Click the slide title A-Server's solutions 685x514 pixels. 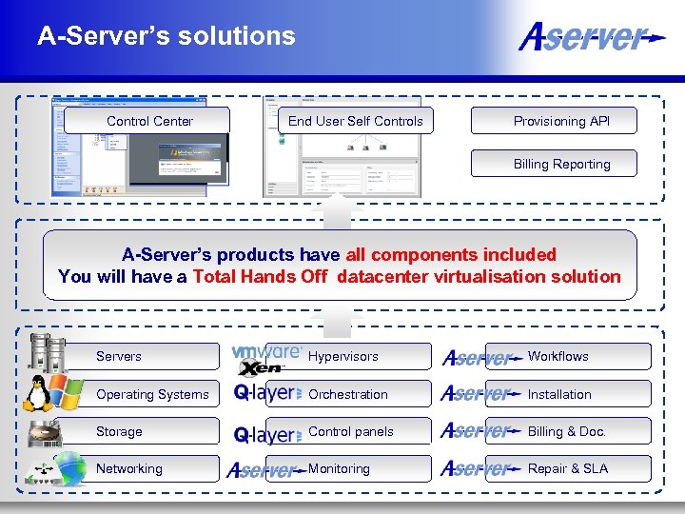coord(166,36)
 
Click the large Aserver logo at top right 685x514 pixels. coord(590,38)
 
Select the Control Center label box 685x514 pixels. coord(149,121)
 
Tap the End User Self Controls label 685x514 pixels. coord(356,121)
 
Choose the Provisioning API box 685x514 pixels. coord(561,121)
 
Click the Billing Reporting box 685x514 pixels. coord(561,164)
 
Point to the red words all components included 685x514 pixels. coord(451,255)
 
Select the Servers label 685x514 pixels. coord(119,356)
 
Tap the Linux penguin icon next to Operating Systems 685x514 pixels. coord(38,391)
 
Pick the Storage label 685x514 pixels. coord(119,431)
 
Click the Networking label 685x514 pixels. coord(129,468)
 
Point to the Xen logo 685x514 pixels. coord(263,368)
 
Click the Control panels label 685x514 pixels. coord(351,431)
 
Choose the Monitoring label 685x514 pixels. coord(339,468)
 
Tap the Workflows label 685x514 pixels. coord(558,356)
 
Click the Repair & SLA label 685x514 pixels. coord(568,468)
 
